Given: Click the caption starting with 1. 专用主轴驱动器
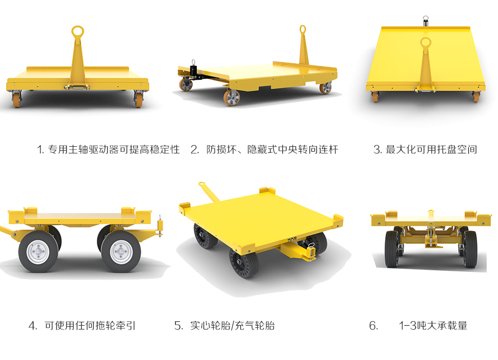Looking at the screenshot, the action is [108, 149].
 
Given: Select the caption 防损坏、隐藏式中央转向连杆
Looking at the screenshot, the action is [272, 149].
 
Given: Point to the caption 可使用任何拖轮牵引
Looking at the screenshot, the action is [90, 325].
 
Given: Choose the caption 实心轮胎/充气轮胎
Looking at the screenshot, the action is [232, 325].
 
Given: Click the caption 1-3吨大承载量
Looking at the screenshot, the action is [433, 325].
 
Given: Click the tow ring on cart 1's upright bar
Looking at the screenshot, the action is [77, 32].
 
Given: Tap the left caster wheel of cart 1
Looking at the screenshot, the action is [17, 100].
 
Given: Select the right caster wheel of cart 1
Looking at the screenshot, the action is [138, 100].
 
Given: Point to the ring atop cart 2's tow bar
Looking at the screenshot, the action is [303, 29].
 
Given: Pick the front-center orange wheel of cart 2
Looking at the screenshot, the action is [231, 97].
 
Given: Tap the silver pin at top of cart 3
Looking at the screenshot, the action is [426, 21].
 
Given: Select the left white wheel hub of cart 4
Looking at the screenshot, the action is [38, 251].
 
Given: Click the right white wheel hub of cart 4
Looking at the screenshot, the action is [121, 251].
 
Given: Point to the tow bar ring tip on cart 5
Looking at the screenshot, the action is [201, 184].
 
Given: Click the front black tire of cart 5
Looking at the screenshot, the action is [244, 262].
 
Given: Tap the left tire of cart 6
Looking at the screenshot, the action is [391, 249].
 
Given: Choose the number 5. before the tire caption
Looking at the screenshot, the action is [179, 325].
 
